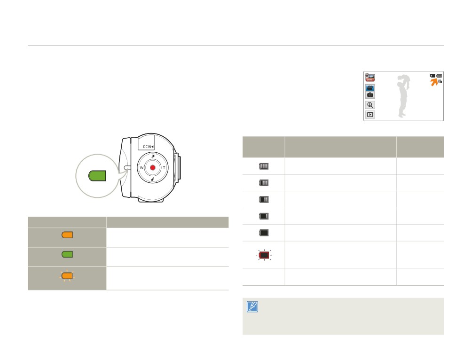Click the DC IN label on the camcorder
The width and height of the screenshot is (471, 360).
coord(148,147)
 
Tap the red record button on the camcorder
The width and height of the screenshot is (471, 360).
coord(153,167)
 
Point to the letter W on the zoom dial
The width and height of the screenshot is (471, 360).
coord(141,167)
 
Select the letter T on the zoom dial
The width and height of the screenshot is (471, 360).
coord(164,167)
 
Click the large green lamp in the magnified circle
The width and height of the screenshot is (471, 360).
coord(97,176)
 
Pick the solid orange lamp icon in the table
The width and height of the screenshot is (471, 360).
coord(67,235)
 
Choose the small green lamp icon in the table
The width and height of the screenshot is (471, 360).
coord(67,254)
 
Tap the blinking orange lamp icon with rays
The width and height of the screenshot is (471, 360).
coord(67,275)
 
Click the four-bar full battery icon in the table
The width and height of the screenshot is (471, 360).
coord(264,166)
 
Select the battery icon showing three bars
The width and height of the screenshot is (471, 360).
coord(264,183)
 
